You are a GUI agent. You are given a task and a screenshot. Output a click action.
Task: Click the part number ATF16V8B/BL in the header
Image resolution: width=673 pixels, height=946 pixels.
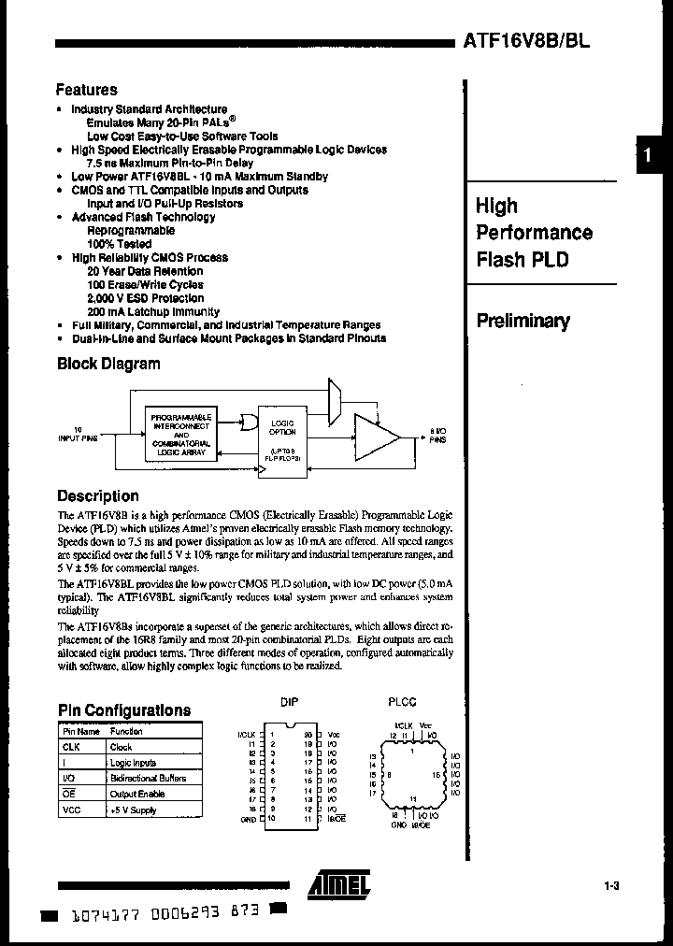pyautogui.click(x=525, y=41)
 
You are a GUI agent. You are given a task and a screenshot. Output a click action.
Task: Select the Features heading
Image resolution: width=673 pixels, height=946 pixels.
pyautogui.click(x=87, y=91)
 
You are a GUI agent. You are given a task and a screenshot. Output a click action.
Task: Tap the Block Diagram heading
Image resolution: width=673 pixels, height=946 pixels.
pyautogui.click(x=108, y=364)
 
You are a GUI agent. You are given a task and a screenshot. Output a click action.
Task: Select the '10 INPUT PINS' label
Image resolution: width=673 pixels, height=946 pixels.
pyautogui.click(x=77, y=434)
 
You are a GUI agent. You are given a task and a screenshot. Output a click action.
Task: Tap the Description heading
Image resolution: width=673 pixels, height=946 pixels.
pyautogui.click(x=98, y=496)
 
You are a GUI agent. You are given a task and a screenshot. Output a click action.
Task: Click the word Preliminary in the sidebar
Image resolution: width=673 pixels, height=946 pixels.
pyautogui.click(x=523, y=321)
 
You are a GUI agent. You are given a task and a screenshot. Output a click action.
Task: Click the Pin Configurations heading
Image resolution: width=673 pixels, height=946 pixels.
pyautogui.click(x=124, y=710)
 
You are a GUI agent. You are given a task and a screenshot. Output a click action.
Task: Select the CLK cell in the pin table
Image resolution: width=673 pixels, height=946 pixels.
pyautogui.click(x=72, y=747)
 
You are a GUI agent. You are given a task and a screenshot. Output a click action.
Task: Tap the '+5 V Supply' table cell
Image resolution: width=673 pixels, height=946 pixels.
pyautogui.click(x=133, y=810)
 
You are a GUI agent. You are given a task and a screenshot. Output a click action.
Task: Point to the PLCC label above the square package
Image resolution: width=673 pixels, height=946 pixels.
pyautogui.click(x=402, y=702)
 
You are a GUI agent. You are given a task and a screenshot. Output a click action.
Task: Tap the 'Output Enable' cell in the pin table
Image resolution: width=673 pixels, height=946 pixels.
pyautogui.click(x=136, y=794)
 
